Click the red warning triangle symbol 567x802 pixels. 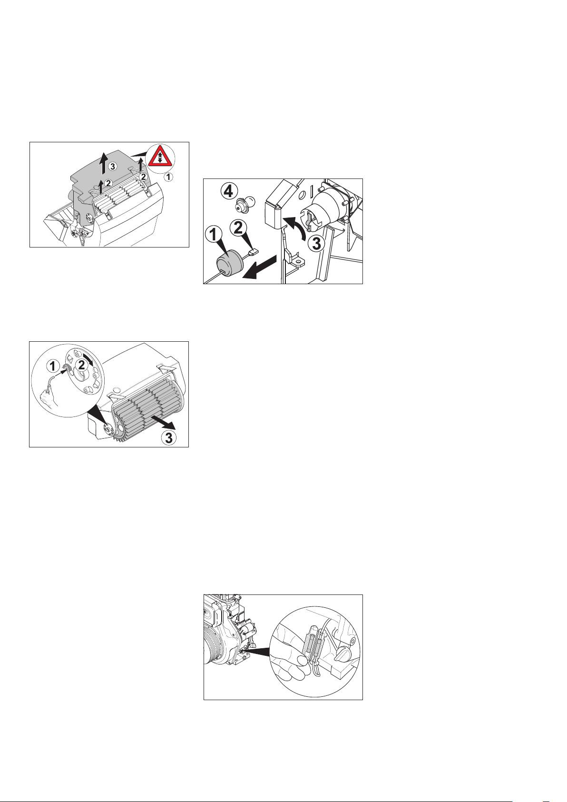click(x=160, y=157)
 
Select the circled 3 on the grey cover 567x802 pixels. click(x=113, y=166)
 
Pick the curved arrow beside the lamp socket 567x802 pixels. click(x=294, y=227)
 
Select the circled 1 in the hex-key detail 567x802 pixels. click(x=53, y=366)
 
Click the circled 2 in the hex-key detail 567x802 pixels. click(x=81, y=365)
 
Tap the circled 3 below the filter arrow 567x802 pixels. click(x=168, y=437)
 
